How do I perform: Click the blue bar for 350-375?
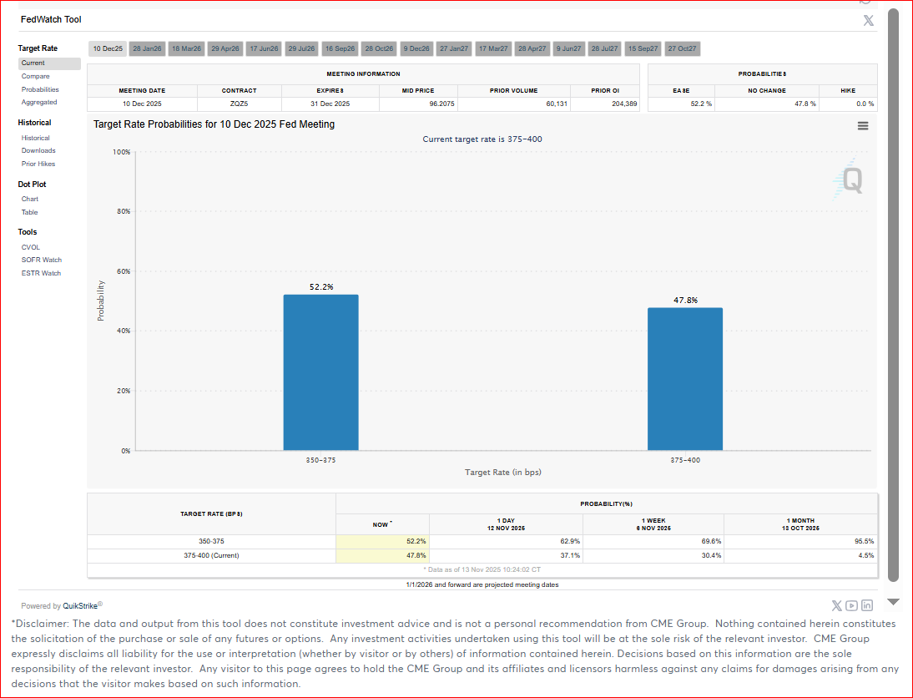(320, 372)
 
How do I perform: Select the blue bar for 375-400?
(685, 379)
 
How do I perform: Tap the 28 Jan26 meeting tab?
(147, 49)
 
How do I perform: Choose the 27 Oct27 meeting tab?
(682, 49)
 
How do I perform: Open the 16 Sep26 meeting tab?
(340, 49)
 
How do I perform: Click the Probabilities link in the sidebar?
(40, 89)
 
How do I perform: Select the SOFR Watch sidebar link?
(41, 260)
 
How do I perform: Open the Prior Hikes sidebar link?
(38, 164)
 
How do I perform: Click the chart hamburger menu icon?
(863, 126)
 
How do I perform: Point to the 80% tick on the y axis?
(123, 212)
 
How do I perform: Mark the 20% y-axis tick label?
(123, 391)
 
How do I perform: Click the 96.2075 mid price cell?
(418, 104)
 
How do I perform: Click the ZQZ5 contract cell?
(239, 104)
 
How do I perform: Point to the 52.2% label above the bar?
(321, 287)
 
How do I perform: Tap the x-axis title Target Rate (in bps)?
(503, 473)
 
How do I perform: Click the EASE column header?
(681, 90)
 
